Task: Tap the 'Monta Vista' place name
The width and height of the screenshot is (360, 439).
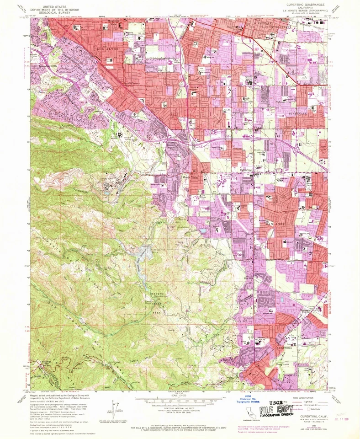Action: (x=192, y=177)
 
